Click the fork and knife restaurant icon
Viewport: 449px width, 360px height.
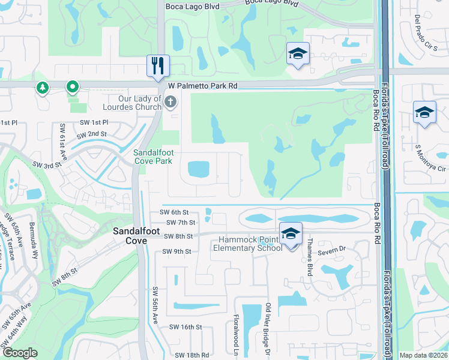point(158,65)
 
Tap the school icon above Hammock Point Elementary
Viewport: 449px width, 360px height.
point(291,233)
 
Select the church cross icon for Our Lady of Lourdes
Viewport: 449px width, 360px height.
point(170,101)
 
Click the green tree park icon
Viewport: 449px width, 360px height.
point(43,88)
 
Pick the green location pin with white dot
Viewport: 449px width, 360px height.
point(72,88)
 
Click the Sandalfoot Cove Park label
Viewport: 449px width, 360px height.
point(152,157)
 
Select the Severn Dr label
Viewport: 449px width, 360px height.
point(333,250)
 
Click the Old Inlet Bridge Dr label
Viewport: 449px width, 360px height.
point(268,329)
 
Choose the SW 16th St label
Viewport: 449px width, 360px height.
point(185,327)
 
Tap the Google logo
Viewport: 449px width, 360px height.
point(20,353)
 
